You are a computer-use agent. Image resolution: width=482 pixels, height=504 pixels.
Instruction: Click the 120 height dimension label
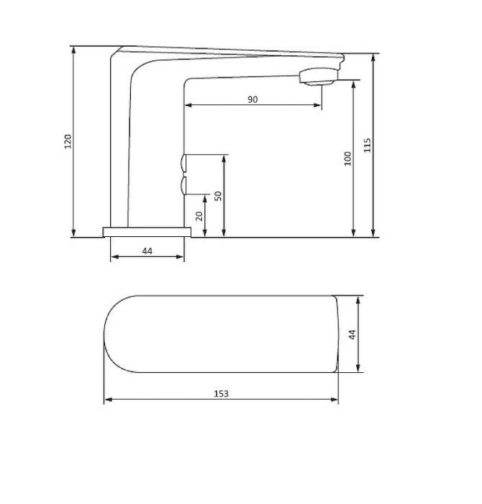tap(68, 141)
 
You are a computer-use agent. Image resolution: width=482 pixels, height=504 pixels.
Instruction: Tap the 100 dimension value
tap(347, 158)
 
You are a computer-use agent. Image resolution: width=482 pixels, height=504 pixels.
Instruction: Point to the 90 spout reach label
tap(253, 99)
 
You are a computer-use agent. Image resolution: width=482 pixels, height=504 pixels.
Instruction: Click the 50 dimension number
tap(218, 196)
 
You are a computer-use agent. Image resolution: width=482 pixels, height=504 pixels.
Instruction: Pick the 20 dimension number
tap(199, 216)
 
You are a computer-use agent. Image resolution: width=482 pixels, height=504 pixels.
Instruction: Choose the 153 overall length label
tap(222, 394)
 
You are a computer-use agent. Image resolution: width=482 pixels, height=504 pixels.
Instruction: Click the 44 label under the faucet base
tap(147, 251)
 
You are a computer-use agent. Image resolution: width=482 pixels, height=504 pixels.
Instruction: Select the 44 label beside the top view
tap(353, 334)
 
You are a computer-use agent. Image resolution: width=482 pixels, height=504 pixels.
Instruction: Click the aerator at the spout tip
tap(319, 77)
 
